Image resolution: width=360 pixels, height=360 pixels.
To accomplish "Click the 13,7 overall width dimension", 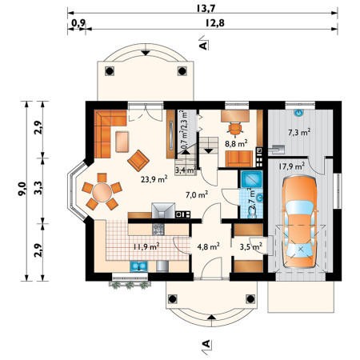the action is coord(206,8).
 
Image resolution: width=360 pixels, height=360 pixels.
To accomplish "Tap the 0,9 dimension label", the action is coord(78,23).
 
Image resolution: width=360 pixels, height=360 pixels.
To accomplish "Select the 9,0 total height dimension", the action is coord(22,189).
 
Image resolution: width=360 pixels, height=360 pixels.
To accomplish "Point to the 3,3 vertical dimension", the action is coord(38,188).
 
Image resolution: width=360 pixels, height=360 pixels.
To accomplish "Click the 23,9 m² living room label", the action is coord(154,179).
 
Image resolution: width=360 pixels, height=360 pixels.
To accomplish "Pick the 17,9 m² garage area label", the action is coord(292,166).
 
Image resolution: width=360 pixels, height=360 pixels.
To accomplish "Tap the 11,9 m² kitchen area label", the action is coord(146,246).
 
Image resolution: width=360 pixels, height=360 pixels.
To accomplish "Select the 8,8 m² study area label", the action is coord(236,143).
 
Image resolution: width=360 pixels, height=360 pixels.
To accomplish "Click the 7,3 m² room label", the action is coord(299,132).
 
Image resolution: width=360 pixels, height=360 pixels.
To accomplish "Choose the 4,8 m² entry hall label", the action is coord(209,246).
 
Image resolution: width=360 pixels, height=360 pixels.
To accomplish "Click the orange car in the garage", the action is coord(299,222).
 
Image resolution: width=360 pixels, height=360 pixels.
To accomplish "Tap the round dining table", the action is coord(102,192).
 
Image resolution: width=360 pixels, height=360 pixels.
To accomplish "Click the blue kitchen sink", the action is coord(138,266).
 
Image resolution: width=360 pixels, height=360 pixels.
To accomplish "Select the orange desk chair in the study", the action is coord(235,129).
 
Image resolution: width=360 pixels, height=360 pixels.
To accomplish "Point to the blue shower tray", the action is coord(251,179).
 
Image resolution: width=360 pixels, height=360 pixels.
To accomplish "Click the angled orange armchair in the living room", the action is coord(138,161).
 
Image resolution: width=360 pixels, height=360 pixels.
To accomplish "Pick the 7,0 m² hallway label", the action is coord(197,195).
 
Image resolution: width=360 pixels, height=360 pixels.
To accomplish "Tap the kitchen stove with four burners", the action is coord(158,229).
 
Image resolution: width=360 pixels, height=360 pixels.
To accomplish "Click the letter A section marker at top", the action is coord(203,45).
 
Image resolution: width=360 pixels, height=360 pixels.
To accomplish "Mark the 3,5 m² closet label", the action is coord(250,247).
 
